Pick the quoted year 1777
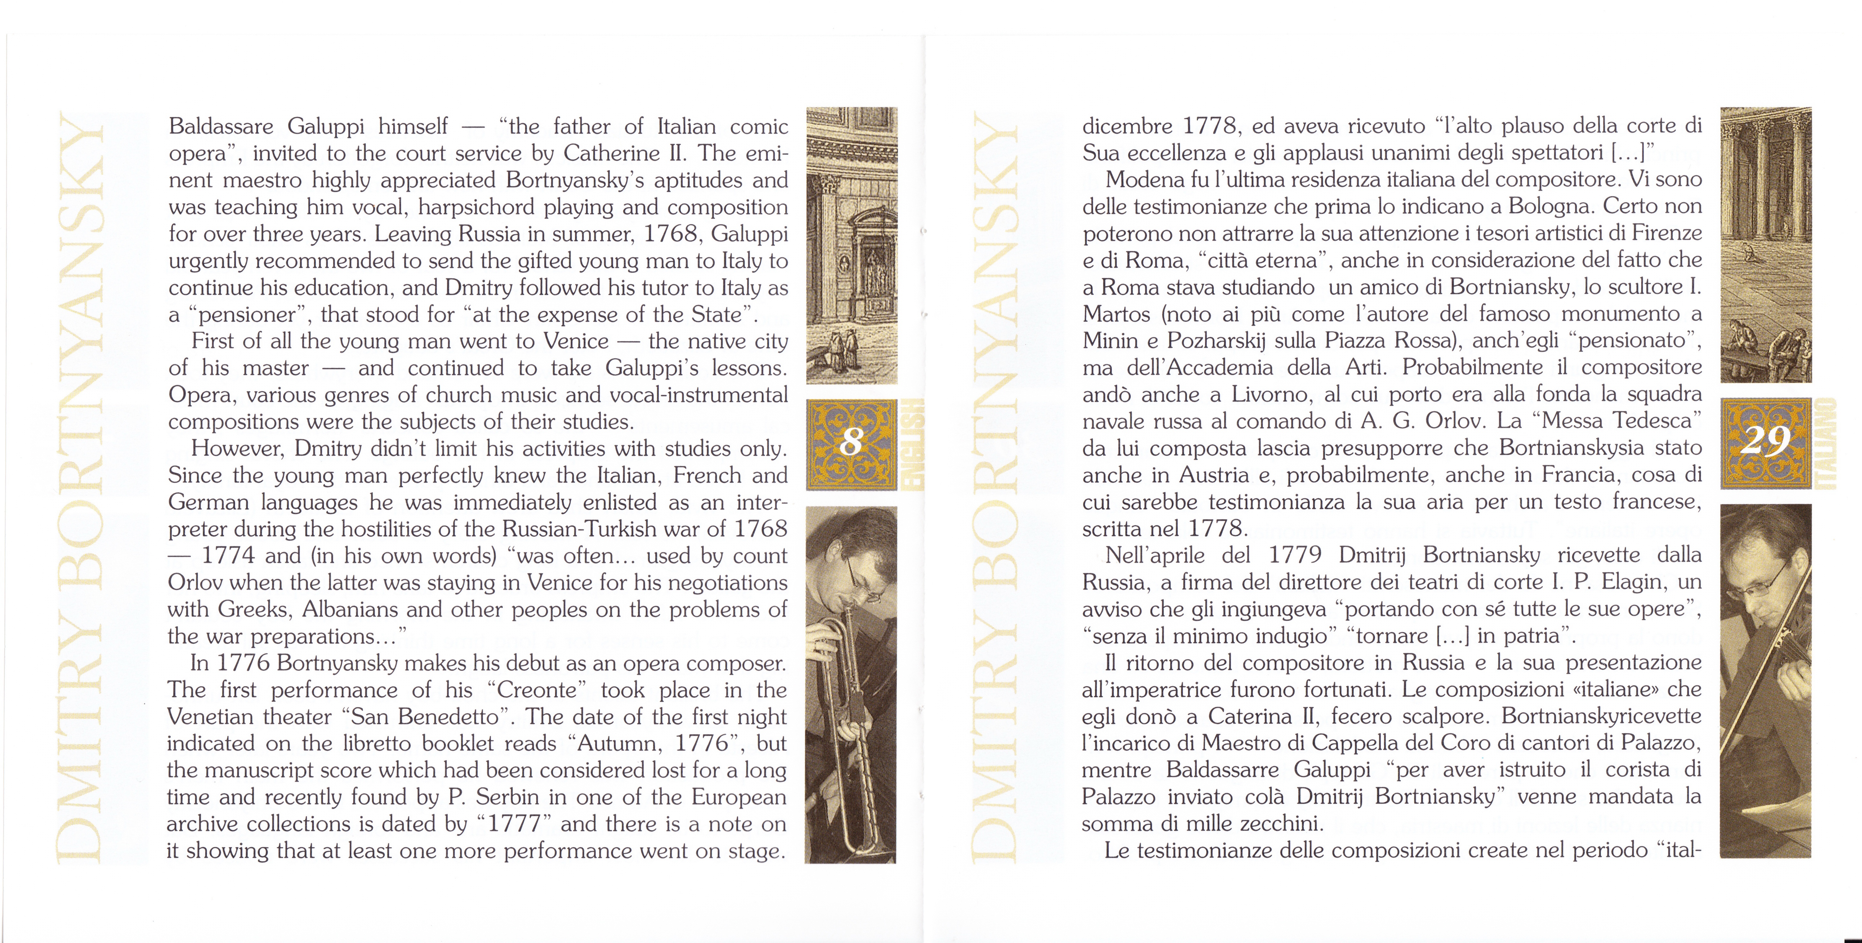(x=515, y=824)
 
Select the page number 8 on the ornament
(x=852, y=442)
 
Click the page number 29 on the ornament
(x=1764, y=441)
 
